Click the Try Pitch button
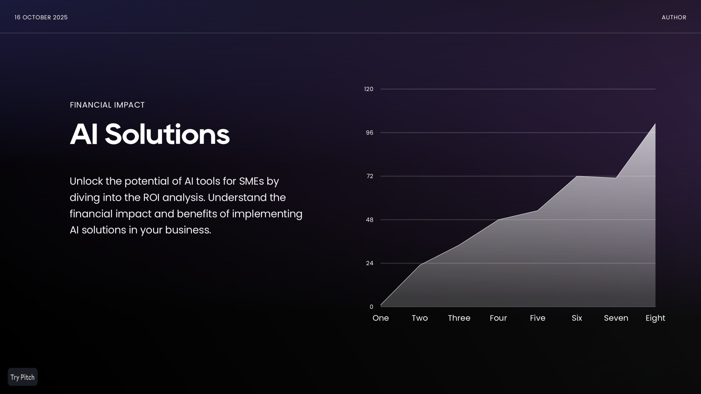[22, 377]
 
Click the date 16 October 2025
[41, 17]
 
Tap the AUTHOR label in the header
[674, 17]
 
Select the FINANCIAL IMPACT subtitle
[107, 105]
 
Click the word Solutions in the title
[167, 135]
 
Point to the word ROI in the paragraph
[151, 198]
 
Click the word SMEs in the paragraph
[251, 181]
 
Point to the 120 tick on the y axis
[369, 89]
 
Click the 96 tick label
[370, 133]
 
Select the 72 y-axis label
[370, 176]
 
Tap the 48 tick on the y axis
[370, 220]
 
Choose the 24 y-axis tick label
[370, 263]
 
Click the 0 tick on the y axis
[371, 307]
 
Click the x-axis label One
[381, 318]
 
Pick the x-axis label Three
[459, 318]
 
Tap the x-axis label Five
[537, 318]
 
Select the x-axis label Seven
[616, 318]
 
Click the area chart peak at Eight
[655, 124]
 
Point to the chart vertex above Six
[577, 176]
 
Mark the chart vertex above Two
[420, 265]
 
